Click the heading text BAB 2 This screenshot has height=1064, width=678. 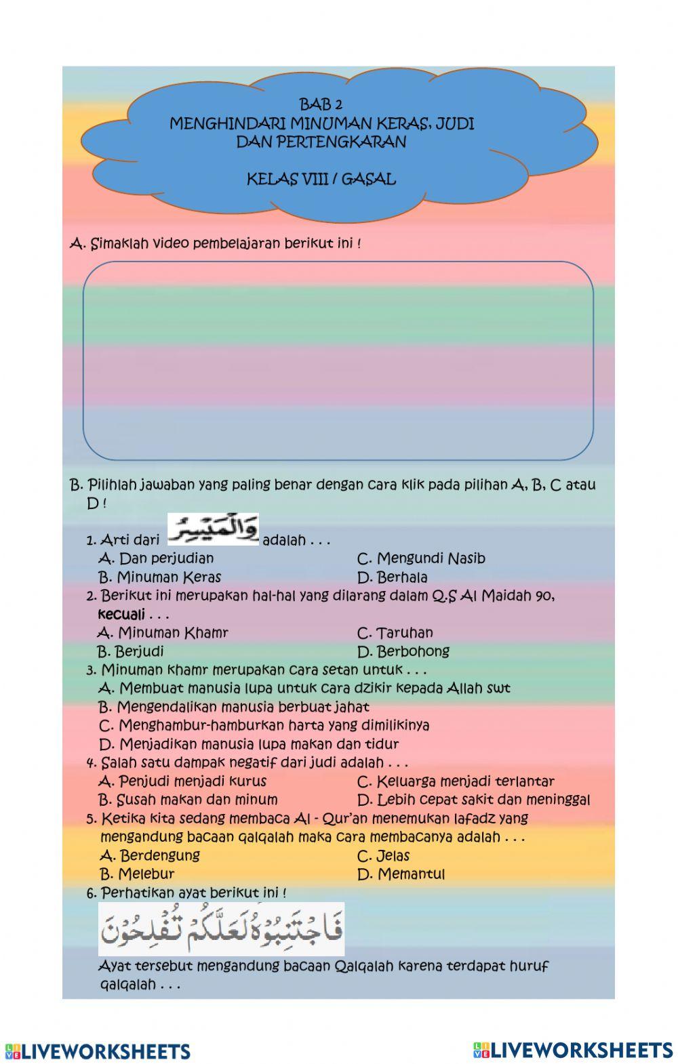click(x=321, y=105)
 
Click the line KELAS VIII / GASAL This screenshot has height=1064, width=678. click(x=321, y=180)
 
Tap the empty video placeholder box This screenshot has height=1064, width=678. click(x=338, y=361)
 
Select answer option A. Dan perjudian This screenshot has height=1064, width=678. click(x=156, y=558)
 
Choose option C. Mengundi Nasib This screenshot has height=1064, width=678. click(x=421, y=559)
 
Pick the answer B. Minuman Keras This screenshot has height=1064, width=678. click(x=159, y=577)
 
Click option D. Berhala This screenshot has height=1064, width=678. click(x=393, y=578)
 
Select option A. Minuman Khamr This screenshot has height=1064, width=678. click(x=163, y=633)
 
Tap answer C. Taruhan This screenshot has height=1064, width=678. click(x=395, y=633)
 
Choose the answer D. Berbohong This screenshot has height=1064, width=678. click(x=403, y=651)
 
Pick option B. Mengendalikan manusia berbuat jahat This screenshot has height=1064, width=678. click(x=234, y=707)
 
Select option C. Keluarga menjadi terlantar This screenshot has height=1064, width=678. click(x=456, y=781)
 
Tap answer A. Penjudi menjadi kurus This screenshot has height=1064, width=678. click(x=182, y=781)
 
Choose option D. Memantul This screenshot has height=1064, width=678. click(x=401, y=874)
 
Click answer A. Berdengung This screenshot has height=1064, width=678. click(x=149, y=855)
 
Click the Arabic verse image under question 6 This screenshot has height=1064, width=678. click(x=222, y=928)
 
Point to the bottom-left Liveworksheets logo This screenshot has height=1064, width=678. click(x=98, y=1051)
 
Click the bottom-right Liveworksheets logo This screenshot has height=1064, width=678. click(x=574, y=1050)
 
